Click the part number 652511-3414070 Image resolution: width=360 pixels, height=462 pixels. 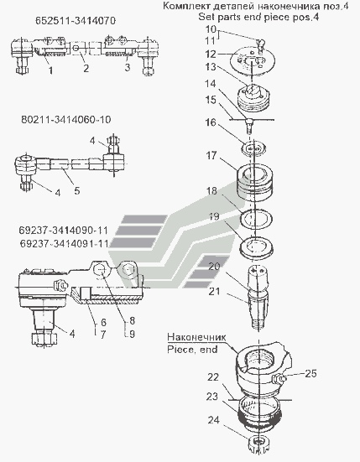pyautogui.click(x=76, y=21)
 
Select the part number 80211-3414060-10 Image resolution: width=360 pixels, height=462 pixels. pyautogui.click(x=66, y=120)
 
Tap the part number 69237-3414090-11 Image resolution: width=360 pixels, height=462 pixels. pyautogui.click(x=64, y=230)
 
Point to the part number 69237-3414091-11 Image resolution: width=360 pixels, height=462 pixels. pyautogui.click(x=64, y=244)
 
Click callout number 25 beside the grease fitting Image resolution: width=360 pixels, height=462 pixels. pyautogui.click(x=310, y=374)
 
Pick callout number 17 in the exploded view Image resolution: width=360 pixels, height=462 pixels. pyautogui.click(x=211, y=155)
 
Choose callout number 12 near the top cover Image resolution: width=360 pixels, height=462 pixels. pyautogui.click(x=211, y=55)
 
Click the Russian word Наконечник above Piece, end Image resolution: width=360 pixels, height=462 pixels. pyautogui.click(x=196, y=337)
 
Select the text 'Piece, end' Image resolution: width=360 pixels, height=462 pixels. pyautogui.click(x=192, y=350)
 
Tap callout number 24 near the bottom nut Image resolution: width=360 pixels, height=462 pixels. pyautogui.click(x=213, y=420)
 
